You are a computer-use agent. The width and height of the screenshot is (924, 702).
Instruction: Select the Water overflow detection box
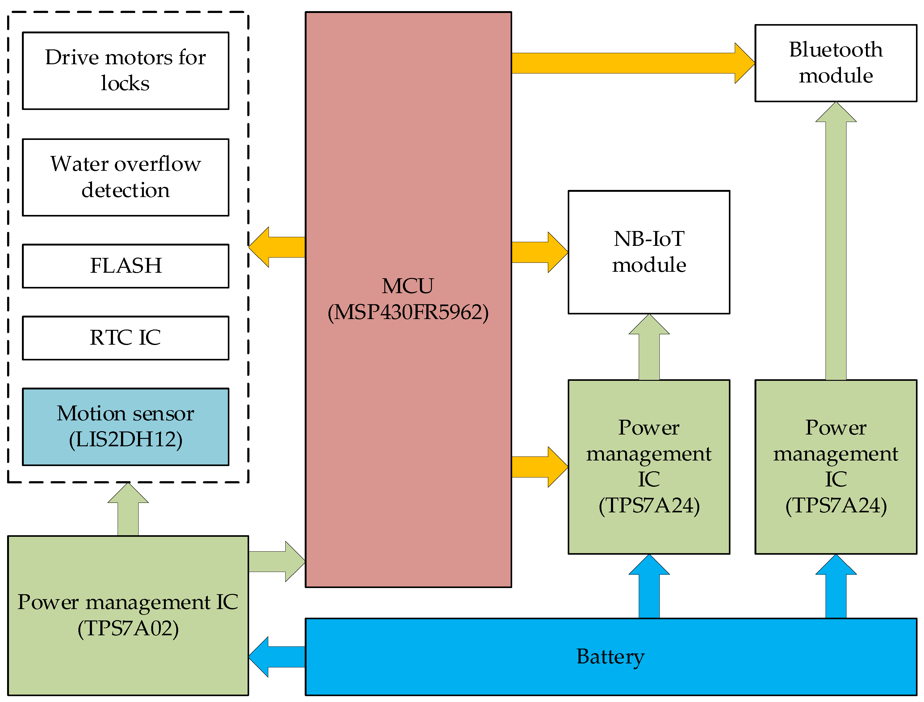125,177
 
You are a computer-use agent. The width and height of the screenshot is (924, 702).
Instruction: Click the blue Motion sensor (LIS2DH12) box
125,427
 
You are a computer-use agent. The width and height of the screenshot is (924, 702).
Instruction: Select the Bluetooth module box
835,63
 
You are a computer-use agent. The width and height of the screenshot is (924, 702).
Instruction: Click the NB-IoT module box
649,252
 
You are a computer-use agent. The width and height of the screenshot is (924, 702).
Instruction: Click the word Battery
610,657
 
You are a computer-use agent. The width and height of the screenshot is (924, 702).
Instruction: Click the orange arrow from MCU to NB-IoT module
539,252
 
